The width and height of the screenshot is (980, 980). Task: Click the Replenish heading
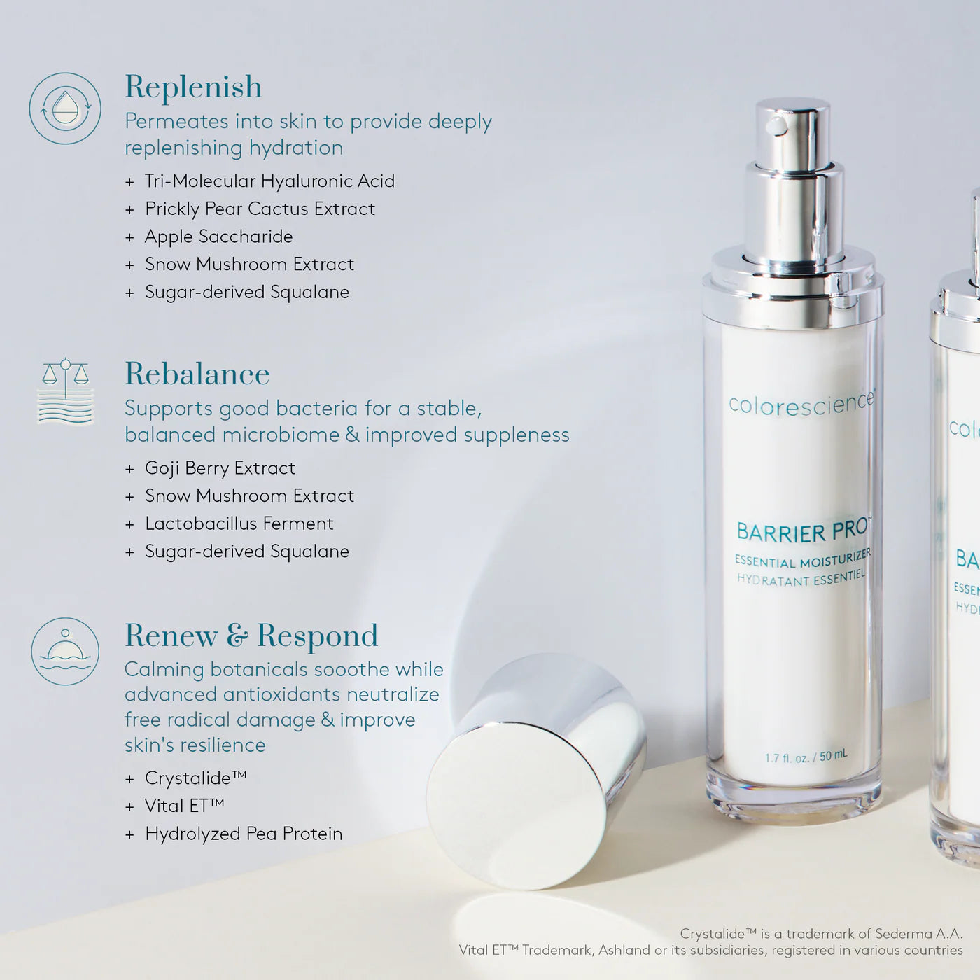(193, 87)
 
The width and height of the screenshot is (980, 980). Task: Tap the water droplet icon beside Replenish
(65, 109)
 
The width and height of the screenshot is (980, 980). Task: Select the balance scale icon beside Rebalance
(65, 392)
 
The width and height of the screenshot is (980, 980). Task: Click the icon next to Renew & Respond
(65, 652)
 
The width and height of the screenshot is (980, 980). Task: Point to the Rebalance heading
(197, 374)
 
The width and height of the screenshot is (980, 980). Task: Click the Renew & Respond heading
(251, 636)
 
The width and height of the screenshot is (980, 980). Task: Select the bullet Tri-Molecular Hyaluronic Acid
(269, 181)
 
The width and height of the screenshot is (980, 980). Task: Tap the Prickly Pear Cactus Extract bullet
(260, 209)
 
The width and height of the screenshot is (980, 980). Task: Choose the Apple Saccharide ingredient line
(218, 237)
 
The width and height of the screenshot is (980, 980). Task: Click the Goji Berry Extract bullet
(220, 468)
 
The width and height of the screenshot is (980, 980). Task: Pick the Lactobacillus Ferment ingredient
(239, 524)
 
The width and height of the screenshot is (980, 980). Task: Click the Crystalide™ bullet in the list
(195, 778)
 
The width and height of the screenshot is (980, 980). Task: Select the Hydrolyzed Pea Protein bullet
(243, 834)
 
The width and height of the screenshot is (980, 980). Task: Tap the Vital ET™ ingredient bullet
(184, 806)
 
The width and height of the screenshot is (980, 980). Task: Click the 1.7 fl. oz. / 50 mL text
(806, 756)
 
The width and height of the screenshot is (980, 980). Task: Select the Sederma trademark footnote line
(821, 934)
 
